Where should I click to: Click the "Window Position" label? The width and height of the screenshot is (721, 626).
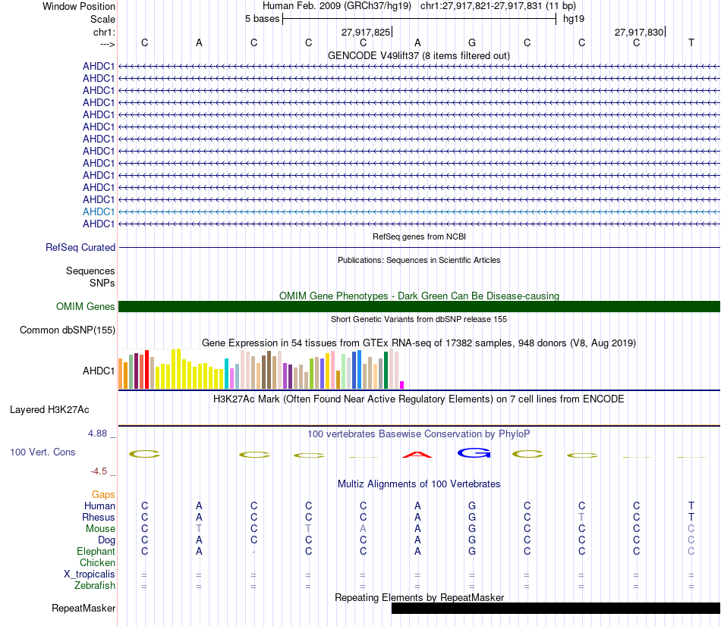[79, 6]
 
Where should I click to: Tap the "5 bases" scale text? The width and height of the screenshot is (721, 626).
[262, 18]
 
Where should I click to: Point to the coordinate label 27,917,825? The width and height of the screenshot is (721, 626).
[366, 32]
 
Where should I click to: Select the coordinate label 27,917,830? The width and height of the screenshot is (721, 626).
[639, 32]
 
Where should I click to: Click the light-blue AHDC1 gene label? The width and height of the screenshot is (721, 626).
[99, 211]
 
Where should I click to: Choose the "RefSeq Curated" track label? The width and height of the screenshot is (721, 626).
[80, 247]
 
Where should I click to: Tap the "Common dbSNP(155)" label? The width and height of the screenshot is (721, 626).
[68, 330]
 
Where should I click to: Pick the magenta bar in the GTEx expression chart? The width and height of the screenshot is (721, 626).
[402, 385]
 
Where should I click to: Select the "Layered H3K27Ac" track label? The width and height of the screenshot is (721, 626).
[49, 410]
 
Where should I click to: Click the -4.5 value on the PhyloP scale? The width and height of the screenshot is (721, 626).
[101, 471]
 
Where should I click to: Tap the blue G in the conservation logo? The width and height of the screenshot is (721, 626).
[472, 453]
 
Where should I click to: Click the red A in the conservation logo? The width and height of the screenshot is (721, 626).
[417, 455]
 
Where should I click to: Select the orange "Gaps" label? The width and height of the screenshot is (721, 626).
[103, 494]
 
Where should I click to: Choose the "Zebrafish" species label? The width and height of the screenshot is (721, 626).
[95, 585]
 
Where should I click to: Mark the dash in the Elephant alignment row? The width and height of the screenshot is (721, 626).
[253, 551]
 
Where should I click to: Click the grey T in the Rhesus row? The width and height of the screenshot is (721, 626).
[581, 517]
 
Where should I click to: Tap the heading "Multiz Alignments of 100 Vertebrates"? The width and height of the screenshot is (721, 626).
[419, 484]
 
